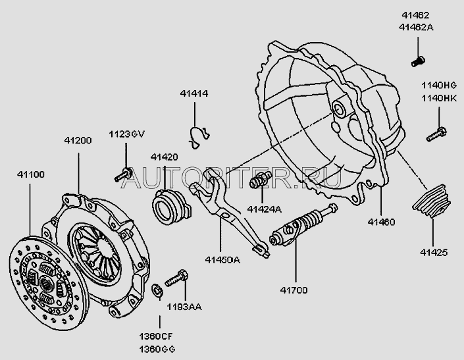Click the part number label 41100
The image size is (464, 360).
tap(30, 174)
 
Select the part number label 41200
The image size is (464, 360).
tap(78, 141)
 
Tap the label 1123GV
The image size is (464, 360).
tap(126, 135)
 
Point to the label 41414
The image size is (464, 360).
tap(194, 94)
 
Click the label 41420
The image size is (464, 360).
tap(164, 157)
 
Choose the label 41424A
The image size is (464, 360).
tap(265, 209)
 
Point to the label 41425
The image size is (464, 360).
tap(433, 251)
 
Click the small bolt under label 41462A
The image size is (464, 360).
tap(416, 61)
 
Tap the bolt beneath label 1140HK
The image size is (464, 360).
tap(436, 133)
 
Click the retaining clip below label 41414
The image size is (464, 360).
tap(197, 135)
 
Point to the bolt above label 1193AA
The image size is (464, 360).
tap(175, 278)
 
